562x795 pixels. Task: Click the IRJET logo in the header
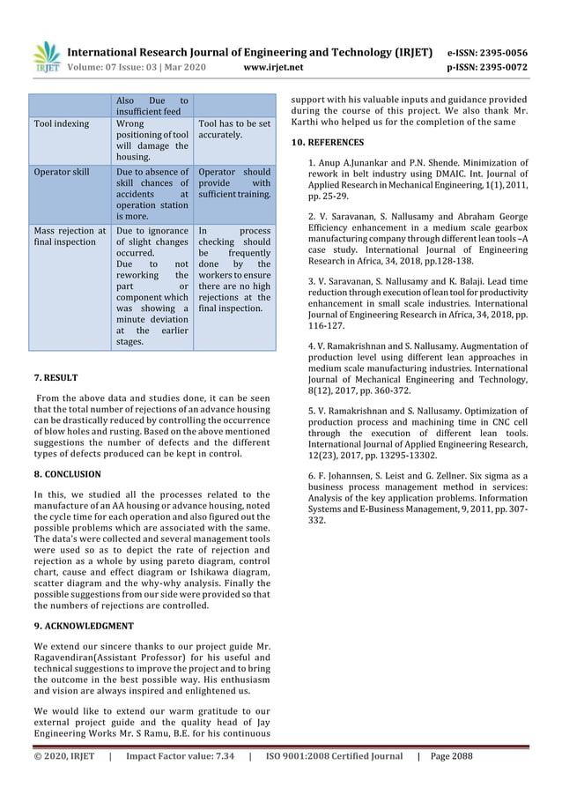click(47, 57)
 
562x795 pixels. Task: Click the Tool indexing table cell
click(62, 124)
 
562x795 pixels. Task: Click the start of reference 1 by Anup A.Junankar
click(352, 163)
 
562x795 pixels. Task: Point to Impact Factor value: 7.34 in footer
click(181, 756)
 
